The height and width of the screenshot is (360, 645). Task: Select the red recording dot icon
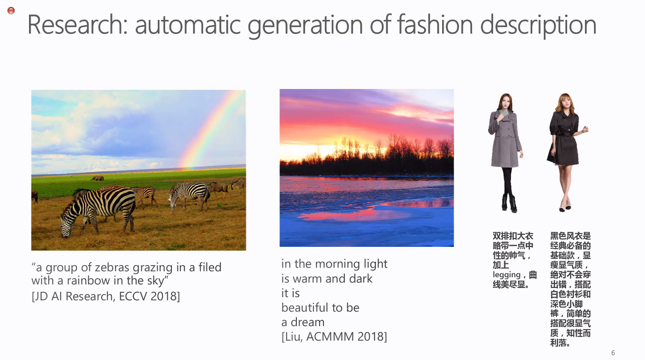coord(11,11)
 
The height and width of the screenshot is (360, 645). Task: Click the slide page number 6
coord(613,353)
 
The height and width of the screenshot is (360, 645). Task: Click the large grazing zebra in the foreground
coord(97,210)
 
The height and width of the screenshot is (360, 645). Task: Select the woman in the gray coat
coord(506,152)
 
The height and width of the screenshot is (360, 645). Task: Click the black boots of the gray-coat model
coord(509,203)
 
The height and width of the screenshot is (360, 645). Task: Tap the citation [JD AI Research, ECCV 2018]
coord(106,297)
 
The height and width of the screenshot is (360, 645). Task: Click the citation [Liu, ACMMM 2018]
coord(334,337)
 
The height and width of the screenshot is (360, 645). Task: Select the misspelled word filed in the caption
coord(210,267)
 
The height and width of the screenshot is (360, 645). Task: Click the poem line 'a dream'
coord(303,322)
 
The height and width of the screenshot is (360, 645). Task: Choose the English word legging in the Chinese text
coord(507,275)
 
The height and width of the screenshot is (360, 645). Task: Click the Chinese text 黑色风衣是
coord(570,236)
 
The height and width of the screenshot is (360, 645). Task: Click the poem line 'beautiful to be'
coord(320,308)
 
